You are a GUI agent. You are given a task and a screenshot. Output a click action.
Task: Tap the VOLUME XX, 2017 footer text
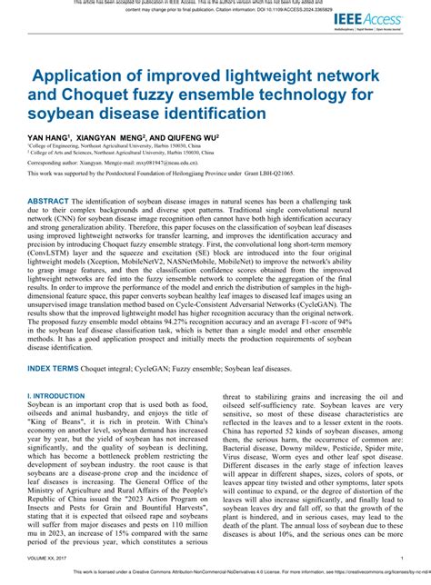pos(49,558)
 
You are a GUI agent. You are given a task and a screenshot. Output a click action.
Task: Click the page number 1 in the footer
pos(402,558)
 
